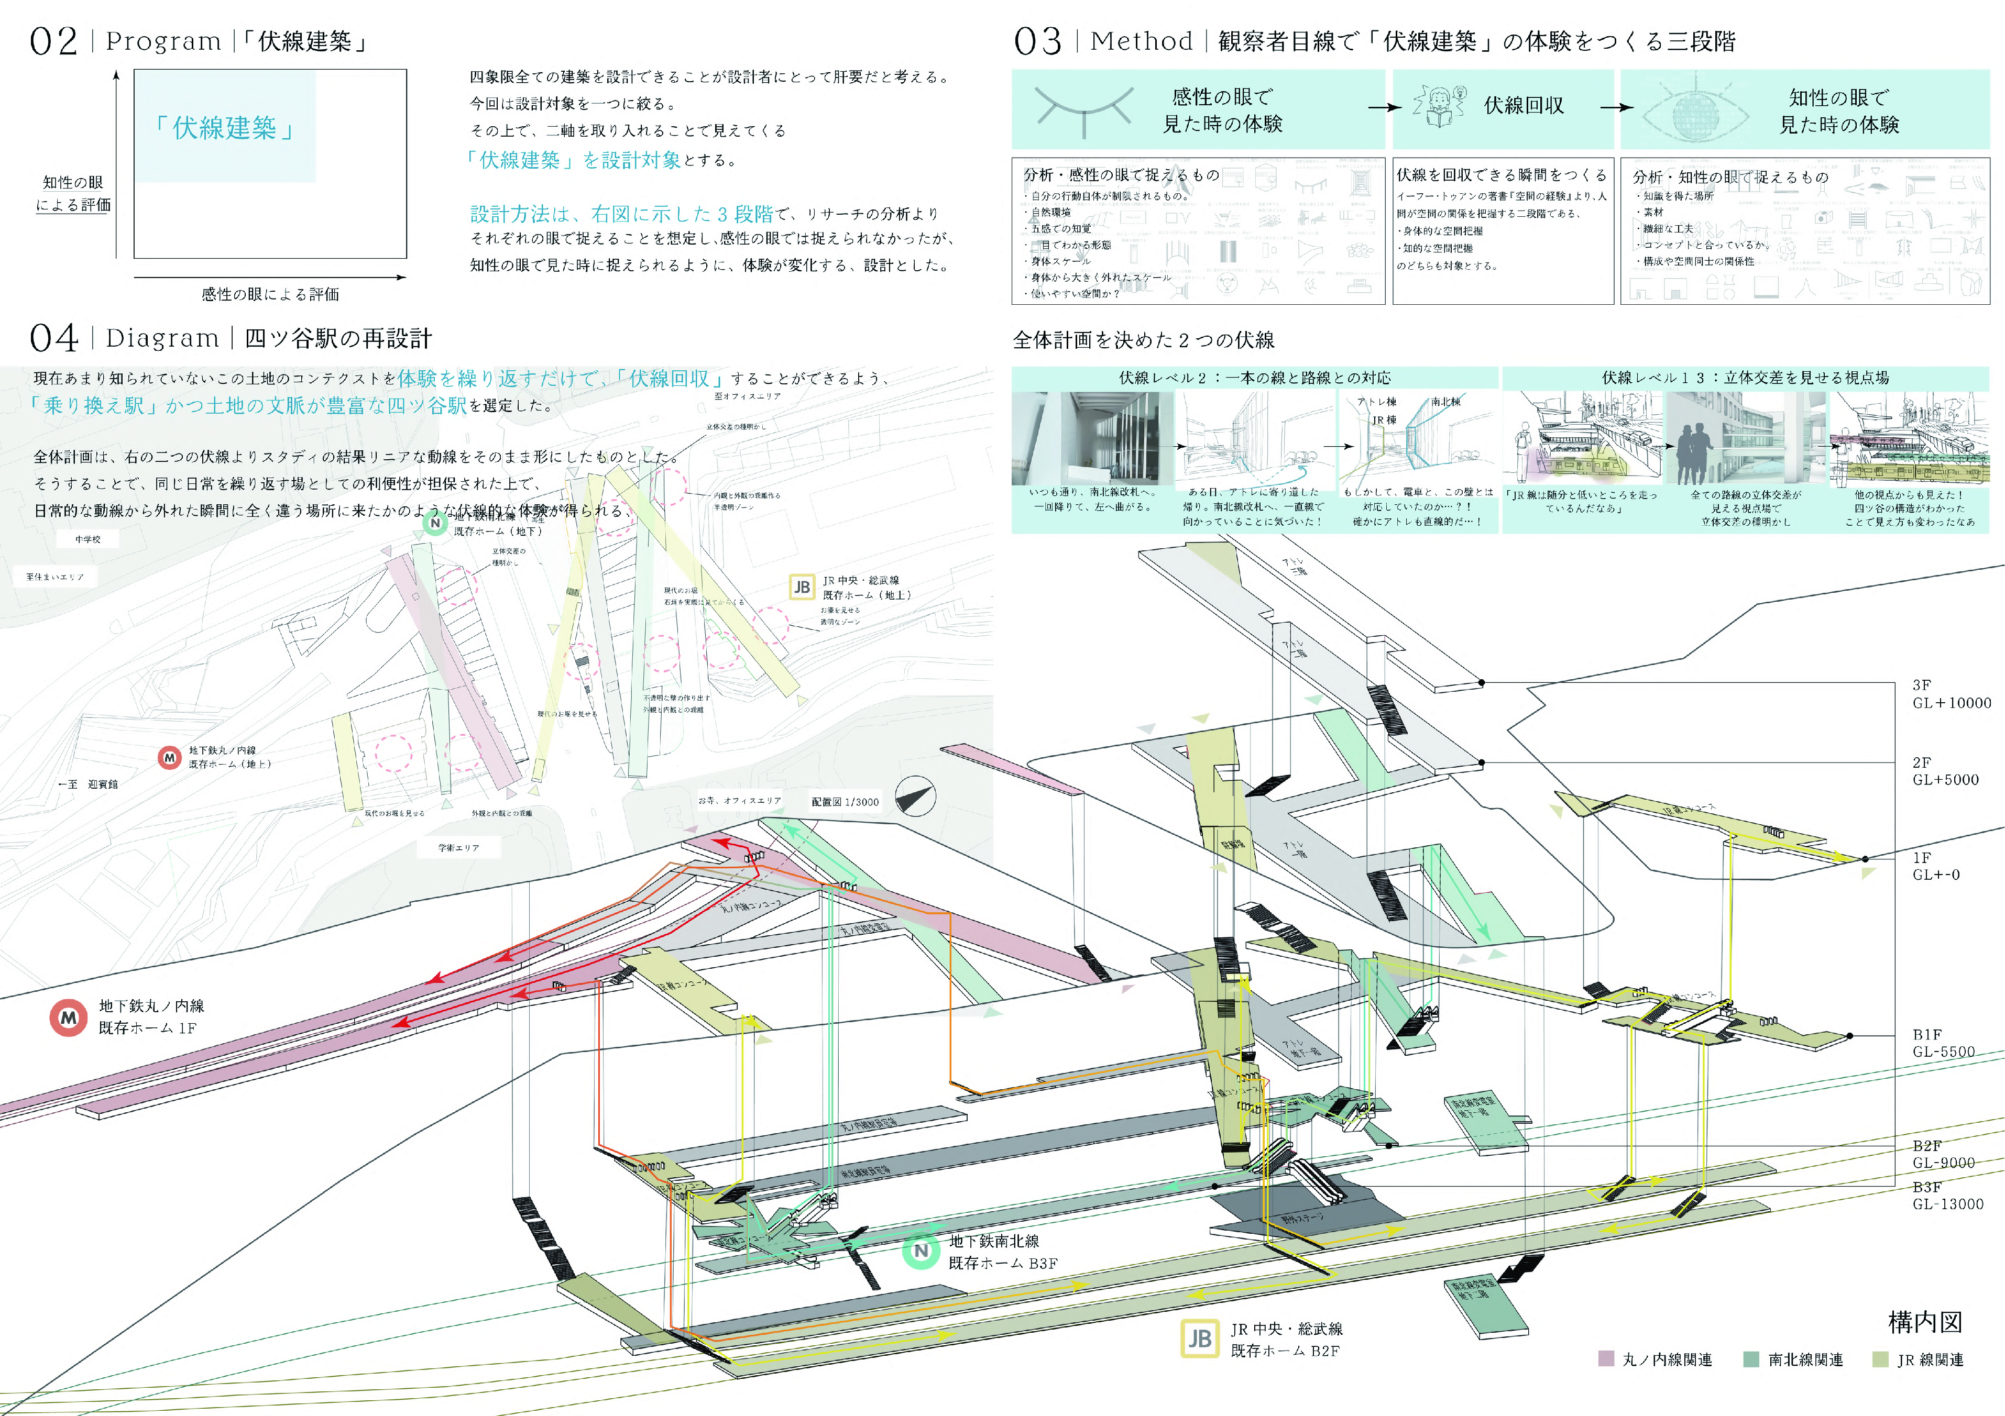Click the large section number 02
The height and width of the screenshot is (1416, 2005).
click(53, 41)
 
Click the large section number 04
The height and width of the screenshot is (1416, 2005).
click(53, 338)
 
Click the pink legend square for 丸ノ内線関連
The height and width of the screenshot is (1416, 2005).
click(1605, 1358)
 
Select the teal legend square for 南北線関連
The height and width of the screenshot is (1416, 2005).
click(1750, 1358)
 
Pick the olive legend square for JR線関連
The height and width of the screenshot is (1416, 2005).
click(1880, 1358)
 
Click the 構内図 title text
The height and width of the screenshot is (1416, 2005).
click(1925, 1322)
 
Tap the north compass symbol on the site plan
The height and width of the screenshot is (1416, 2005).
click(915, 796)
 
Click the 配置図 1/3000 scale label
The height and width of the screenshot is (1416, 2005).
click(845, 801)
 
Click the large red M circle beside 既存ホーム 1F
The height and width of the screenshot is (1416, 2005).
click(68, 1017)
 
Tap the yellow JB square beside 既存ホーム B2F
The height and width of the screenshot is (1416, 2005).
click(1199, 1338)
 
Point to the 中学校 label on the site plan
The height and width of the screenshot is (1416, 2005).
click(88, 539)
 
